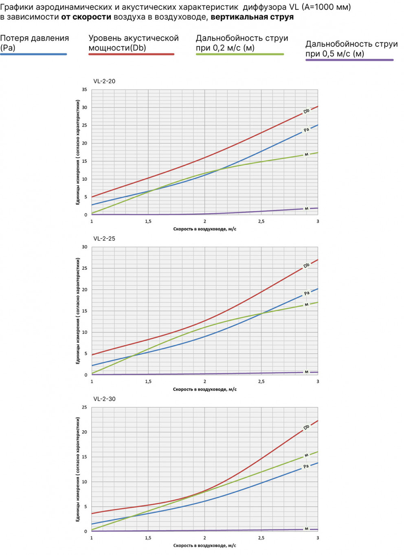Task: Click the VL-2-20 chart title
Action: tap(104, 81)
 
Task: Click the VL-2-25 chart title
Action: tap(104, 238)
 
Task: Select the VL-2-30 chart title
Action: tap(104, 399)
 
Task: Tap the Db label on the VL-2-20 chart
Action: tap(306, 111)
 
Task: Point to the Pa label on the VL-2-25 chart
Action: tap(307, 293)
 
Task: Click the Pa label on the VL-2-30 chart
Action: tap(306, 466)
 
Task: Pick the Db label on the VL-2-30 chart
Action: tap(306, 427)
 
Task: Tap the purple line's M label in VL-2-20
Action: tap(307, 209)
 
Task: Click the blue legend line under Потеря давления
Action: tap(33, 54)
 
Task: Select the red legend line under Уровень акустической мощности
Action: tap(131, 54)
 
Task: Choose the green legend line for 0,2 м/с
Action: tap(239, 54)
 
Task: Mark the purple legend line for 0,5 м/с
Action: tap(349, 60)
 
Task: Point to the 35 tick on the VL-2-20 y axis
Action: tap(84, 90)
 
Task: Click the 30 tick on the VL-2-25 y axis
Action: tap(84, 247)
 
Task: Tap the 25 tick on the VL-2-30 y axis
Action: tap(84, 407)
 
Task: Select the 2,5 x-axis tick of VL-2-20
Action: tap(261, 221)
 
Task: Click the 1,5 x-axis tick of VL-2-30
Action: tap(148, 538)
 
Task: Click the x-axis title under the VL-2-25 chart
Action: tap(204, 389)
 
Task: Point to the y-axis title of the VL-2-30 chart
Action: tap(77, 469)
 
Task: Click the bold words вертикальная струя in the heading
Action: tap(252, 17)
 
